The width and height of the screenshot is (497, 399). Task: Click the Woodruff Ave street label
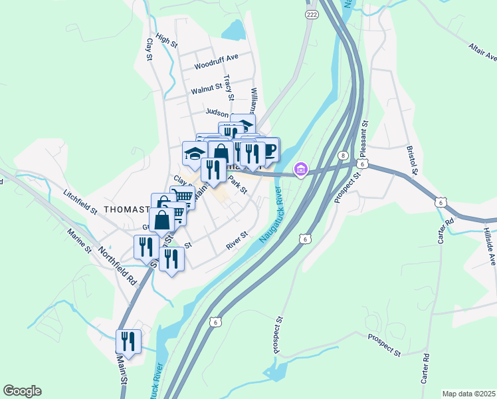(216, 66)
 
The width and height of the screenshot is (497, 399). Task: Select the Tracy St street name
(229, 87)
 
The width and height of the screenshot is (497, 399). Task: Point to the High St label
(166, 39)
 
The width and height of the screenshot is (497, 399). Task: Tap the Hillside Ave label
(489, 243)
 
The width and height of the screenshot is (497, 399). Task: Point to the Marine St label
(78, 241)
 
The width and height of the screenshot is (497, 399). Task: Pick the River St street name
(237, 240)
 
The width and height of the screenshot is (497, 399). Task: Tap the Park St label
(237, 184)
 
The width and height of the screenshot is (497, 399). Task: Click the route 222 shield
(312, 14)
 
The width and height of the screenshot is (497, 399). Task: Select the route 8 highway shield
(343, 155)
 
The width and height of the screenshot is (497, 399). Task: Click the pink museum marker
(300, 170)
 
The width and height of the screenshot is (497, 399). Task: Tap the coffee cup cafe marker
(270, 148)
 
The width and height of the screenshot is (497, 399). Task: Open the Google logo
(22, 391)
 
